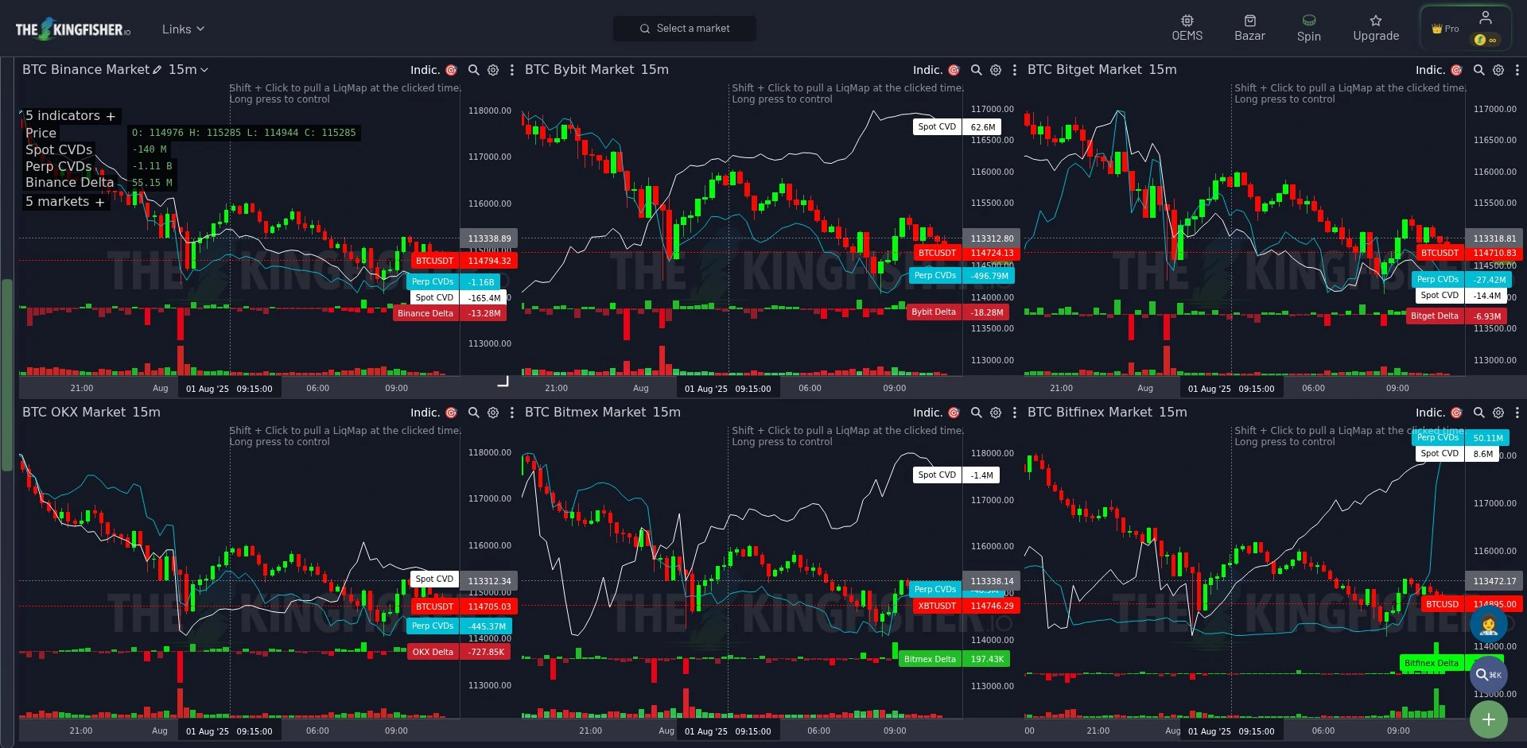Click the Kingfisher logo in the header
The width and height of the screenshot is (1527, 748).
coord(72,29)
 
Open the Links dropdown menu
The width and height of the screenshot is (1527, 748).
coord(183,29)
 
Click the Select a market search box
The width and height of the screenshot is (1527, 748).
coord(685,29)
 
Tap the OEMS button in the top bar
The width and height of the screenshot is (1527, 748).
coord(1187,28)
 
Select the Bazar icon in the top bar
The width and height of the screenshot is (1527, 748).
coord(1249,28)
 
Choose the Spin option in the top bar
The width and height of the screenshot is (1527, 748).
coord(1308,28)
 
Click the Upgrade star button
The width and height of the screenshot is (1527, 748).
coord(1376,28)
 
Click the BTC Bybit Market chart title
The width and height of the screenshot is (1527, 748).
coord(596,70)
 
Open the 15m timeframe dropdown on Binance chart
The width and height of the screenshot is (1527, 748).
coord(188,70)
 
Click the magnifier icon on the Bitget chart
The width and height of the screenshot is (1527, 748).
coord(1478,70)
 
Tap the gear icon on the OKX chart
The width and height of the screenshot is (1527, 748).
coord(493,413)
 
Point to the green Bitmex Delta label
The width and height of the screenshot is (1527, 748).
coord(953,659)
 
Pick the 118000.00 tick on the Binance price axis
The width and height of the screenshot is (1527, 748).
coord(489,110)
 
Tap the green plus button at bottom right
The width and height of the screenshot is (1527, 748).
coord(1488,719)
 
